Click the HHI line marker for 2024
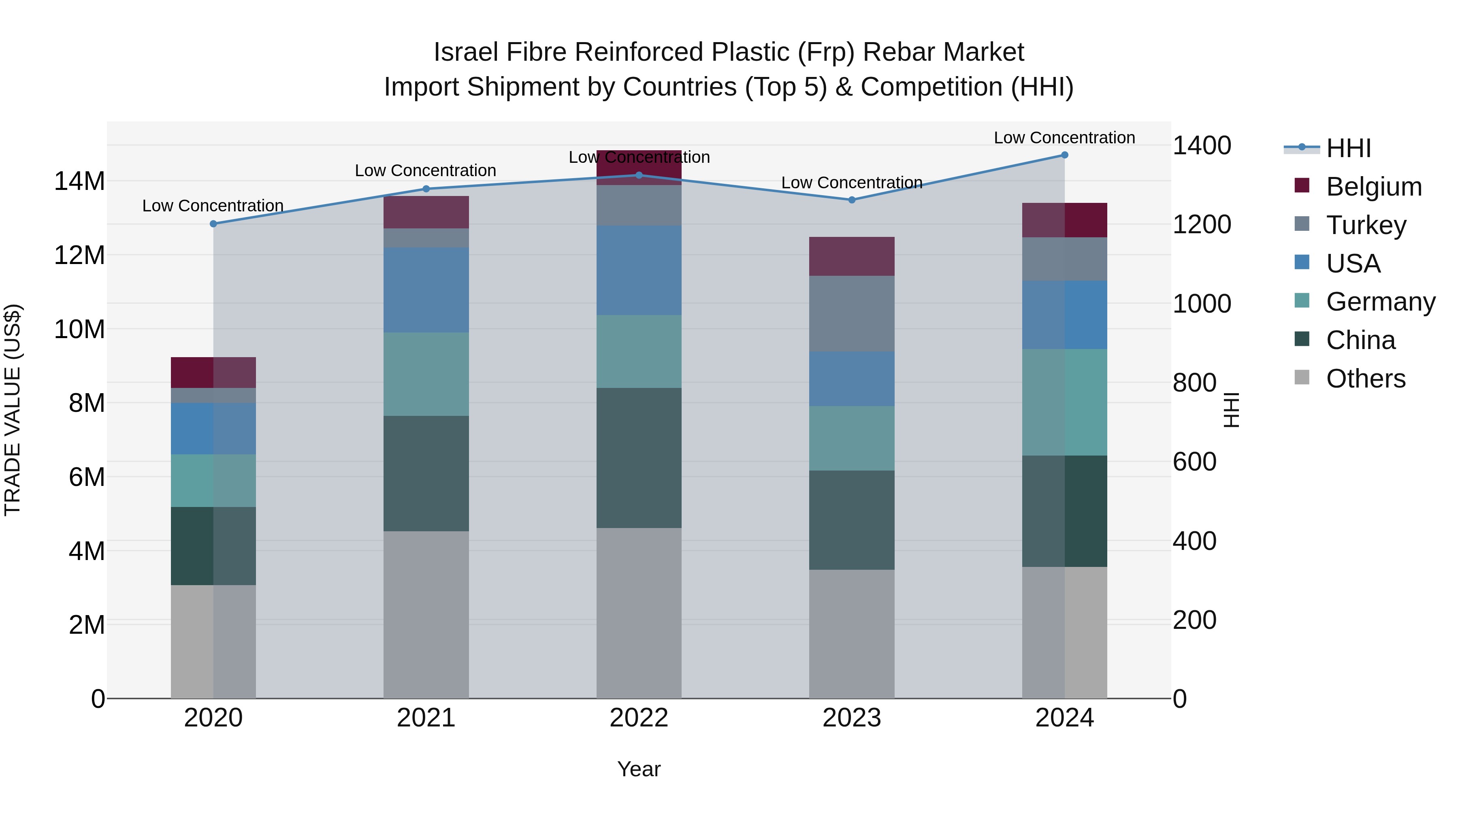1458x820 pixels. coord(1064,155)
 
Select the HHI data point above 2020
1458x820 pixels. coord(213,224)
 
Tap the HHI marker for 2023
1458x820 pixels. coord(852,200)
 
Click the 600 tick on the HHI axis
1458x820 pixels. coord(1194,462)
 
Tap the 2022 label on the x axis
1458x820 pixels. coord(639,718)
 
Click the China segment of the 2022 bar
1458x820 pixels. coord(639,458)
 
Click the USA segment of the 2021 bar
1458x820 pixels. coord(426,290)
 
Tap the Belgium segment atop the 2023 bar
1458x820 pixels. coord(852,256)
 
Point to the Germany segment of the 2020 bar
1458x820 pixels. coord(213,480)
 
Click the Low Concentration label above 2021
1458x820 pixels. coord(426,170)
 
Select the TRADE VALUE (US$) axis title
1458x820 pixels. coord(13,410)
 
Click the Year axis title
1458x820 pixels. coord(639,769)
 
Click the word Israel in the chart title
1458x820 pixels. coord(467,52)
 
